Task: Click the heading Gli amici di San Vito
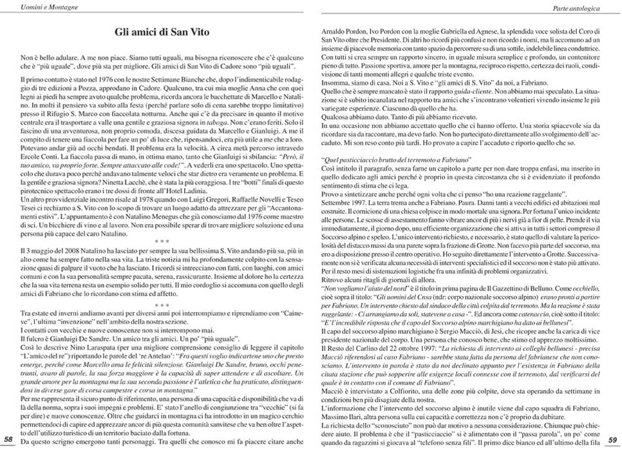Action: point(158,30)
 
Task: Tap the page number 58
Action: point(8,439)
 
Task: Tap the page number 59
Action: point(614,439)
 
